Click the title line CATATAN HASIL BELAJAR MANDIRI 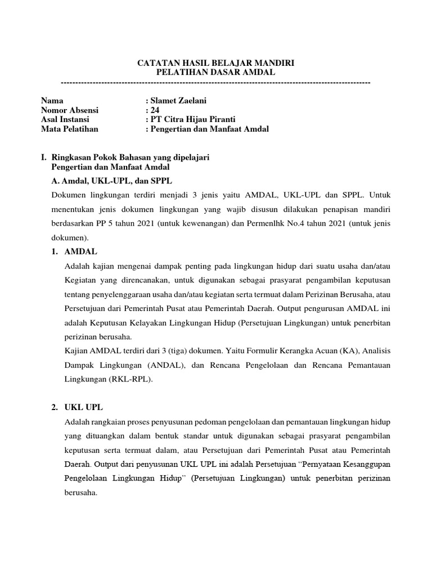215,64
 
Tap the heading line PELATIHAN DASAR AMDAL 215,73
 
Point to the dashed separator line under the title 215,83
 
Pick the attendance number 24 155,110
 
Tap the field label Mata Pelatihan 69,129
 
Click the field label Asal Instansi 65,119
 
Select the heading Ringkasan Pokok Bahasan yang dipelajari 130,158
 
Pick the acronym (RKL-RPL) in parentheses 129,379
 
